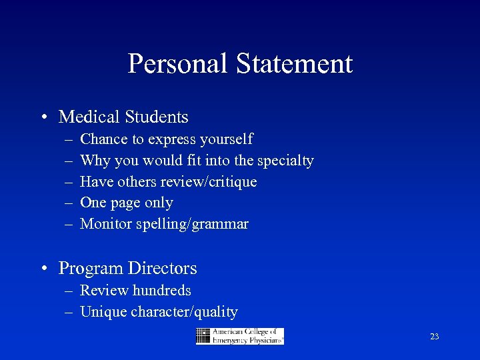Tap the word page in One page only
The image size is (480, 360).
[x=126, y=203]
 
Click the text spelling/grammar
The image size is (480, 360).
[x=192, y=225]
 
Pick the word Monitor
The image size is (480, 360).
[x=105, y=224]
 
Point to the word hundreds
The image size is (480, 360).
[x=161, y=291]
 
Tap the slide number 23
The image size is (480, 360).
[x=434, y=337]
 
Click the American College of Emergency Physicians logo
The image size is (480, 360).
[x=240, y=336]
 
